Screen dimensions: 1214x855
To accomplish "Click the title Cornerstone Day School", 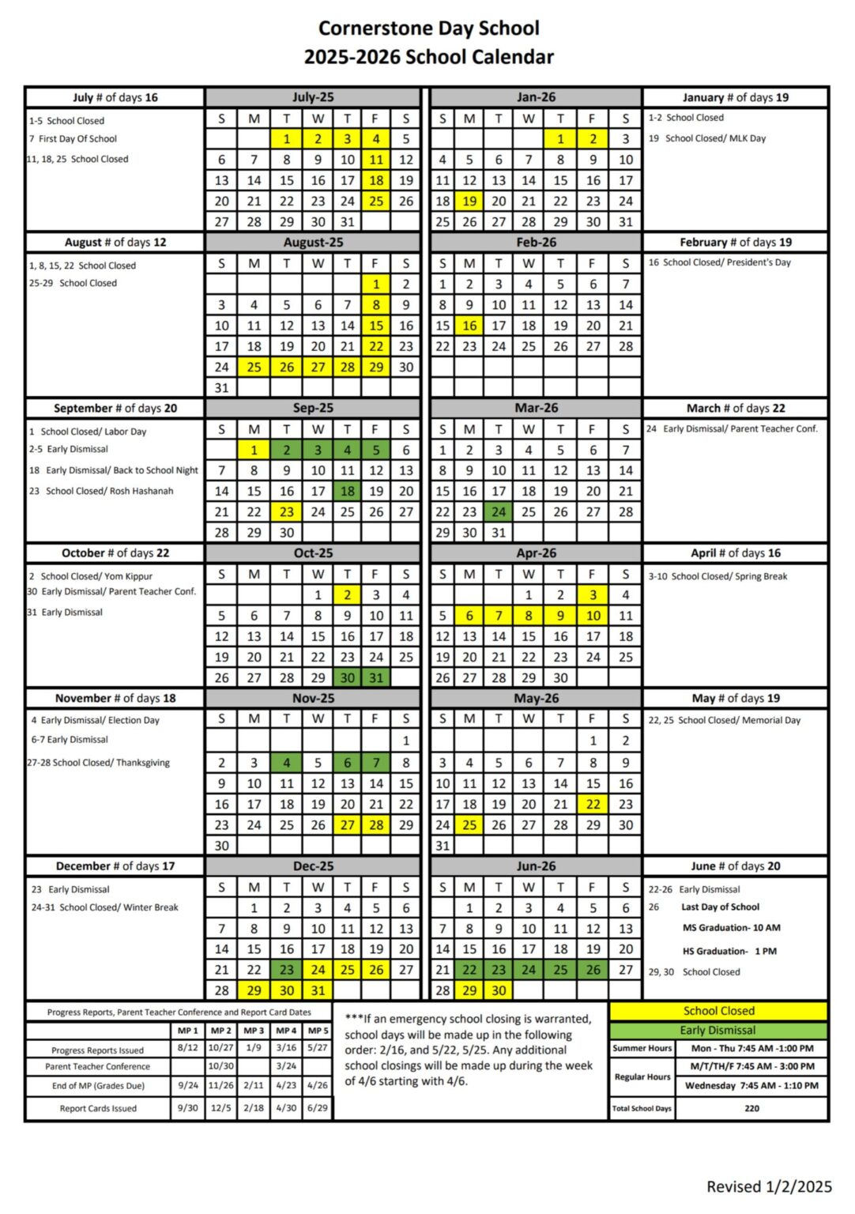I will tap(428, 28).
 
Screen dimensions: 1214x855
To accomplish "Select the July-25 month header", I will tap(313, 97).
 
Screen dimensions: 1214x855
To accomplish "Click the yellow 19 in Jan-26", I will tap(469, 201).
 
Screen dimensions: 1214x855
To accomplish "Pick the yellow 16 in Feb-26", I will tap(469, 326).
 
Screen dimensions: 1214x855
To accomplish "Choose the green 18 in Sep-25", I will tap(347, 491).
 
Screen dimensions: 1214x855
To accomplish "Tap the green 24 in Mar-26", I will tap(499, 511).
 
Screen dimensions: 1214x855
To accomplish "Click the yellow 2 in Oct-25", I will tap(347, 594).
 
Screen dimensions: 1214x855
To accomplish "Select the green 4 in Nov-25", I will tap(286, 763).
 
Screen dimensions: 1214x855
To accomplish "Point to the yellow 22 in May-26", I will tap(593, 805).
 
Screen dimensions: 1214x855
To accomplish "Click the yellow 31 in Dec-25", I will tap(317, 990).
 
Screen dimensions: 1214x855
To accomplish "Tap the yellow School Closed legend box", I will tap(718, 1011).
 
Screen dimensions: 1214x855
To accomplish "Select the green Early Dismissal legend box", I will tap(718, 1031).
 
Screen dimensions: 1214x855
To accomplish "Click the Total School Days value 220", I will tap(751, 1108).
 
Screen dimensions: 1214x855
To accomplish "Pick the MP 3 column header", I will tap(253, 1031).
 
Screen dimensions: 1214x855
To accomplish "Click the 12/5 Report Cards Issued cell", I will tap(220, 1108).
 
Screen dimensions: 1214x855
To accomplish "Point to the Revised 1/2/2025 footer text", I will tap(769, 1186).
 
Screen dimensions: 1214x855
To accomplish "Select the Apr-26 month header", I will tap(536, 553).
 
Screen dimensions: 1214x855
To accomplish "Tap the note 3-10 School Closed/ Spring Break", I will tap(718, 576).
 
